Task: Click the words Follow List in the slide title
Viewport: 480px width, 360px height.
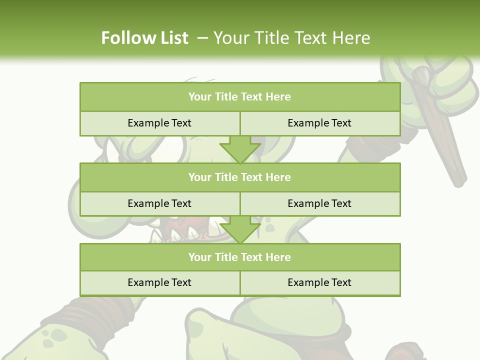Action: (x=144, y=38)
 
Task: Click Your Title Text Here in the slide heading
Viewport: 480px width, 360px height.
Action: (x=291, y=38)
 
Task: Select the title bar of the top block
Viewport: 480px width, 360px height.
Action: (x=239, y=97)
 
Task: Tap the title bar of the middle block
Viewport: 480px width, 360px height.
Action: (x=239, y=177)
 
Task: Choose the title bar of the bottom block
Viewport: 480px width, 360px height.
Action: (x=239, y=257)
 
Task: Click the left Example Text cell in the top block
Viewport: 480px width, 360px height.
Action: (x=159, y=123)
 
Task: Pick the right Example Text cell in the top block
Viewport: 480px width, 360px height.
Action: (x=319, y=123)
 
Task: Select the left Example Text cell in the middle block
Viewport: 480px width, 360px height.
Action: (x=159, y=203)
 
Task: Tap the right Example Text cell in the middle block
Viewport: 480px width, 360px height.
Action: (x=319, y=203)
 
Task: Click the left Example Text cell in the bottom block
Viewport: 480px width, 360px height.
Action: (x=159, y=282)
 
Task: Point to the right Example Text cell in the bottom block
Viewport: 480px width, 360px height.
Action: (x=319, y=282)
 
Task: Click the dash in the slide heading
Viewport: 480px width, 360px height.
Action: (x=202, y=38)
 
